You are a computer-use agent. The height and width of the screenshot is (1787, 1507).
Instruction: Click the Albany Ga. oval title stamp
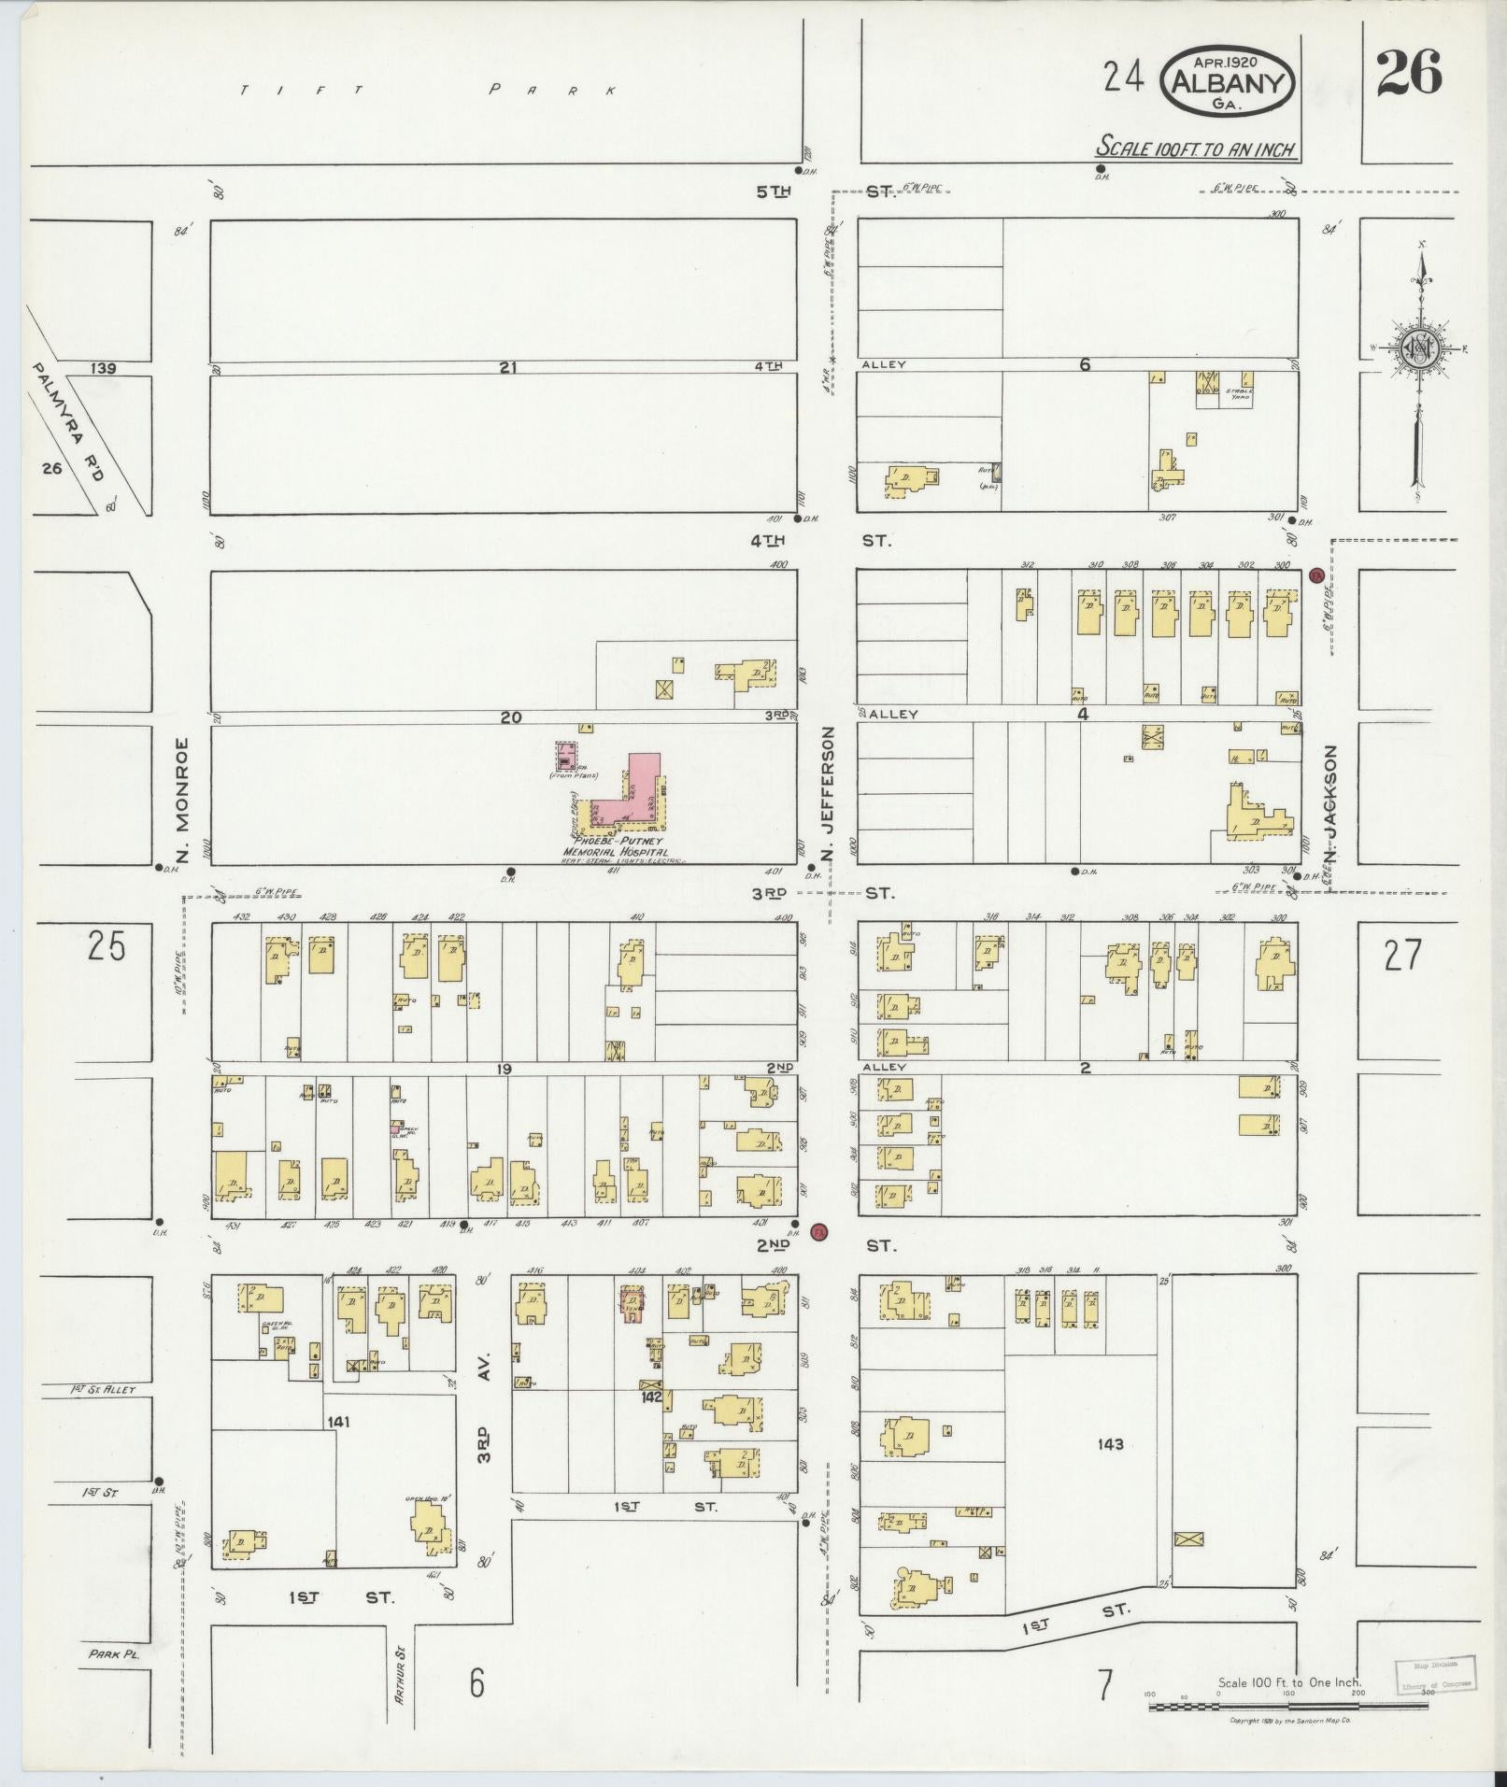1227,81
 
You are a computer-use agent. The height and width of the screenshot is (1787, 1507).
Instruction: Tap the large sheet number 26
1408,73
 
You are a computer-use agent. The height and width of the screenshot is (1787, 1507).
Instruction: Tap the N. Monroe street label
183,800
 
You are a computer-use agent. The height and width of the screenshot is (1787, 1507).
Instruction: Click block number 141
338,1421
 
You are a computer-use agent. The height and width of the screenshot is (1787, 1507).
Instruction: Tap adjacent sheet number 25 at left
106,947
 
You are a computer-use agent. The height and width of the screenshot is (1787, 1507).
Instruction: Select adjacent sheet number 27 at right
1401,955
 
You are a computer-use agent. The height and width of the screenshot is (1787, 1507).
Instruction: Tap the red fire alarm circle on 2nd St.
820,1231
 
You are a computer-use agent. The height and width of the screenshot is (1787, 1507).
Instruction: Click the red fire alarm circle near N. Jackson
1316,574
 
